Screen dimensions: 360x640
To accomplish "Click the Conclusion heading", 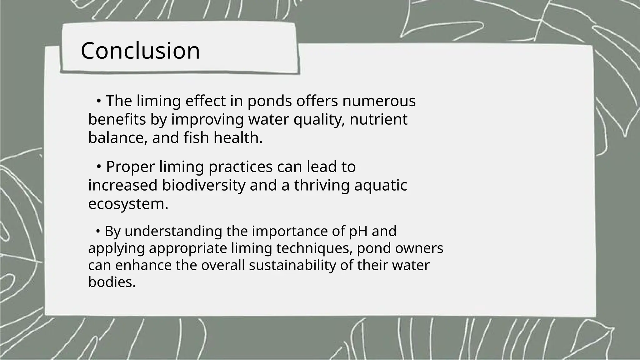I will (x=140, y=51).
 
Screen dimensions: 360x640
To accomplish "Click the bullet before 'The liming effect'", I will (x=98, y=101).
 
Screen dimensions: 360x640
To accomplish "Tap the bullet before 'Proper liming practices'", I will (x=98, y=167).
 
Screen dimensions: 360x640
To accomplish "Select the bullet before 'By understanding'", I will (x=98, y=232).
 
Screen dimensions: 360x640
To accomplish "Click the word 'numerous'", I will (x=379, y=101).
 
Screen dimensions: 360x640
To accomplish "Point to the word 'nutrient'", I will (x=378, y=120).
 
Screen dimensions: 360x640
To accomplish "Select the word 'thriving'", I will (x=322, y=185).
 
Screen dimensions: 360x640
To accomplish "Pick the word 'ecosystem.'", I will (x=128, y=204).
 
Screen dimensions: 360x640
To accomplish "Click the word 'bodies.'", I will (x=112, y=282).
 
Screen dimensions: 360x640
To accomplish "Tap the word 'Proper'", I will (x=130, y=167).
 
